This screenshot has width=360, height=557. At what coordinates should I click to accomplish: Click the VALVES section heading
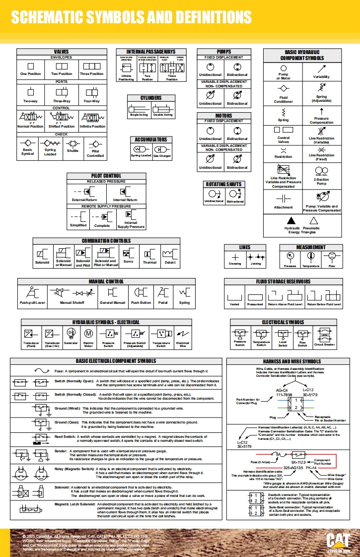[62, 52]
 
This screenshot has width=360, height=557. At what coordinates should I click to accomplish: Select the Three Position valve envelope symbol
[92, 66]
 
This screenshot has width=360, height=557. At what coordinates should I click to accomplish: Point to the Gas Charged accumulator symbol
[162, 148]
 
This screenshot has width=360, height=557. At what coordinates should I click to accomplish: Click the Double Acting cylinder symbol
[162, 108]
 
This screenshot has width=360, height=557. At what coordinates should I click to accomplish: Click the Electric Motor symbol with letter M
[88, 334]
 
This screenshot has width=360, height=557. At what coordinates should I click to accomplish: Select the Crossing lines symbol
[235, 257]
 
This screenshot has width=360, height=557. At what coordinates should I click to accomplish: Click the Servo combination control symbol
[128, 253]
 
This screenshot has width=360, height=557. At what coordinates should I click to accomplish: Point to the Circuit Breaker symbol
[325, 334]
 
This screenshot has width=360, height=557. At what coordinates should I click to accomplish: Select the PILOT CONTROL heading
[106, 176]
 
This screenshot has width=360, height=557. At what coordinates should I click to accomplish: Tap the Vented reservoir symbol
[234, 296]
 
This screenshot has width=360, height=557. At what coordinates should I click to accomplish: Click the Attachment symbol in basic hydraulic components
[283, 198]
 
